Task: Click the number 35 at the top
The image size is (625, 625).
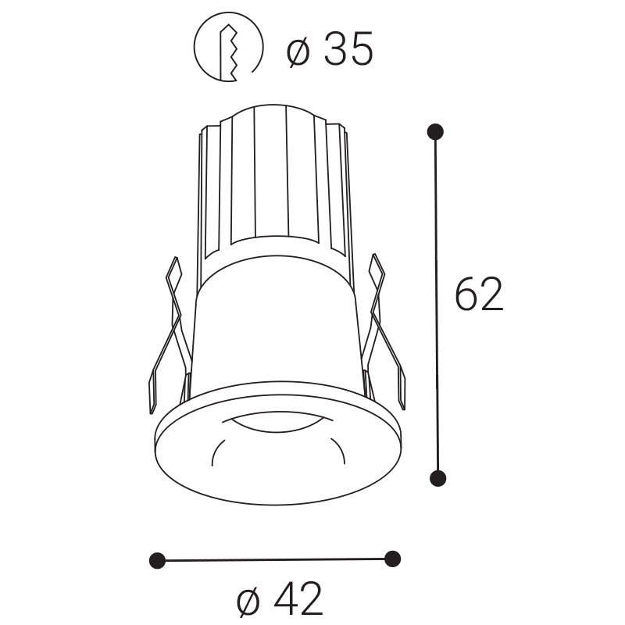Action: tap(348, 48)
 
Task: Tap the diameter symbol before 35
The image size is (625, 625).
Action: tap(298, 49)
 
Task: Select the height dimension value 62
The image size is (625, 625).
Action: tap(480, 295)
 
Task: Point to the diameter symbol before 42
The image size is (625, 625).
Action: tap(248, 600)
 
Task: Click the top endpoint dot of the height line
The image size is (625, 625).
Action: tap(435, 131)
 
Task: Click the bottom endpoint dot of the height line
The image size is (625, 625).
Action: tap(437, 477)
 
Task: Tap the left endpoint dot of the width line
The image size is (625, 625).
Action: tap(157, 561)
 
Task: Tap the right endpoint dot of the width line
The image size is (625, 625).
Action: tap(393, 559)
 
